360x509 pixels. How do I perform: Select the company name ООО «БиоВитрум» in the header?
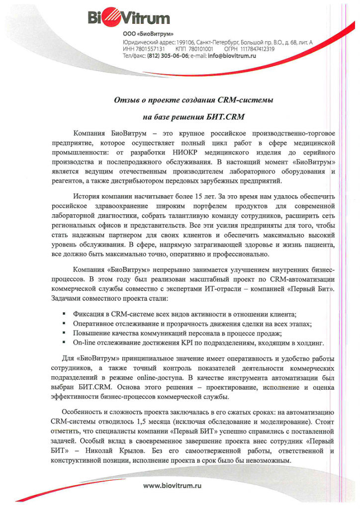[x=148, y=34]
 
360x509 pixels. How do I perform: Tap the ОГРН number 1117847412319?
[x=258, y=49]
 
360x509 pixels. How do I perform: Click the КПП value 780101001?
[x=201, y=49]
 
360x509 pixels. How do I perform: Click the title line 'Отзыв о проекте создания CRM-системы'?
[x=194, y=100]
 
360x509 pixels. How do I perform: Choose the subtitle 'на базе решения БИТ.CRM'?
[x=194, y=118]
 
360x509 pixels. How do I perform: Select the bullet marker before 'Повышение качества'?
[x=65, y=333]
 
